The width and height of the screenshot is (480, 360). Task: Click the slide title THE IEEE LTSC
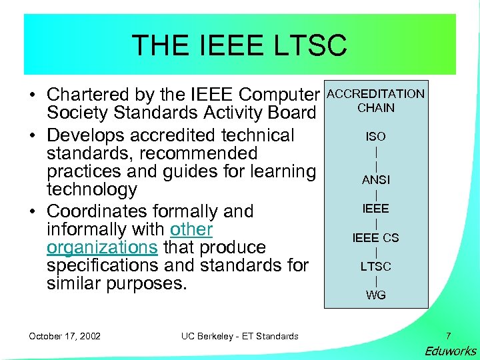239,45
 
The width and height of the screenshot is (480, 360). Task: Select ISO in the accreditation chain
375,136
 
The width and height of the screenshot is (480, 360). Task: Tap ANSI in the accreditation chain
375,179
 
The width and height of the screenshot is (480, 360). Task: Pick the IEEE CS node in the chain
375,237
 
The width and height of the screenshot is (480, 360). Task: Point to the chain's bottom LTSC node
375,266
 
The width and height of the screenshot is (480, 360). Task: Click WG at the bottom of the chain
375,295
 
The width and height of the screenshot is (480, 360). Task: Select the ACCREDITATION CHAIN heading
375,101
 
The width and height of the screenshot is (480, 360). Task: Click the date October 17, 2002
65,336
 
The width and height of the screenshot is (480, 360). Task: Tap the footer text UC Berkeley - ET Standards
239,336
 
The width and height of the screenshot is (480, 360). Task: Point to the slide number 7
448,336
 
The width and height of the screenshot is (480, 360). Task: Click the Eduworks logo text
450,351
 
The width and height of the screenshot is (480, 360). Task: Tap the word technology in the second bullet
91,189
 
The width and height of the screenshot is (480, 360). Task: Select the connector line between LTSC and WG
376,281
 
